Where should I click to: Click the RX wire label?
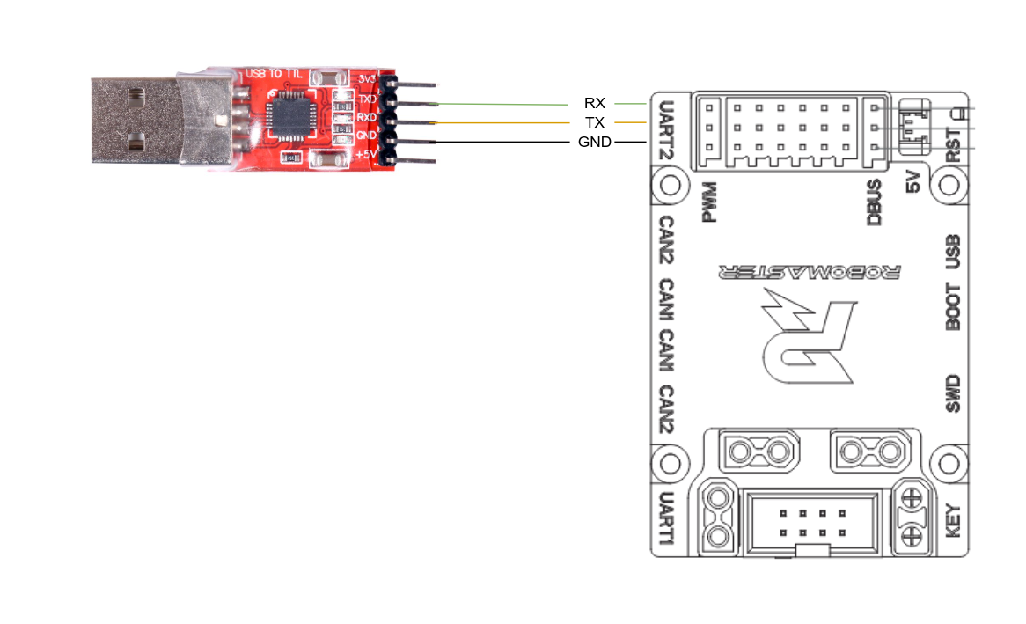coord(594,104)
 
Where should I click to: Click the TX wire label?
coord(594,122)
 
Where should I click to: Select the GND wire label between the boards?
coord(595,142)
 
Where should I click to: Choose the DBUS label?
coord(874,202)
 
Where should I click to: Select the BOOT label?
coord(953,306)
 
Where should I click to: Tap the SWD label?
coord(953,394)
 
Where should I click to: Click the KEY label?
coord(953,521)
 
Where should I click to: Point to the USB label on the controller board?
coord(953,252)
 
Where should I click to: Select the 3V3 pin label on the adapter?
coord(368,80)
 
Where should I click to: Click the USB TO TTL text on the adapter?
coord(273,73)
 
